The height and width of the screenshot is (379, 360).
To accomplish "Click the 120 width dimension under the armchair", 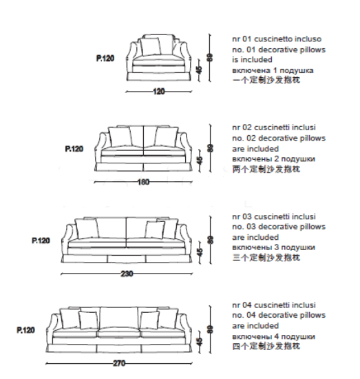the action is (159, 92).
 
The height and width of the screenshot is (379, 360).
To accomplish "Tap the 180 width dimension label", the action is (143, 182).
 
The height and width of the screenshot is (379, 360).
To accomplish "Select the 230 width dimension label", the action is (127, 274).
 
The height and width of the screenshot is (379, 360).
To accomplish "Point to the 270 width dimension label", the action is (119, 363).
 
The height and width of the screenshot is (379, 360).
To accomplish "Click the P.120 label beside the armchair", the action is (105, 59).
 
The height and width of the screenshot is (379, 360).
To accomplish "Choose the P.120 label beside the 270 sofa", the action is (25, 330).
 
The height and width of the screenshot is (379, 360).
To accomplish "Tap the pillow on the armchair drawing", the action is (151, 47).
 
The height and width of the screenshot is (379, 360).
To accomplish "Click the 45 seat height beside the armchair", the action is (199, 70).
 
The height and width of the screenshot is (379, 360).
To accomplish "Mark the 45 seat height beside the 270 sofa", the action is (199, 342).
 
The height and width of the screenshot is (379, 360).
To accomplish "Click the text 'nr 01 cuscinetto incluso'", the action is (277, 39).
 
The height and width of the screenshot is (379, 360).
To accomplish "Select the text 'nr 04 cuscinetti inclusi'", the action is (274, 305).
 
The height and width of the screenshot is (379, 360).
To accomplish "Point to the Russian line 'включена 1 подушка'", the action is (273, 70).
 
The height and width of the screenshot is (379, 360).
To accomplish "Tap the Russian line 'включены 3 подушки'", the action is (273, 247).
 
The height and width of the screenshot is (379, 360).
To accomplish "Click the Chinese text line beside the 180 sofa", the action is (266, 169).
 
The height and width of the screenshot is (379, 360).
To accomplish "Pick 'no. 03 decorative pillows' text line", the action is (279, 227).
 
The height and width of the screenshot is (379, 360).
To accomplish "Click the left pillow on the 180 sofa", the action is (120, 137).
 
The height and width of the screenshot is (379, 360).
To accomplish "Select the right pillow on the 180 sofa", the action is (166, 137).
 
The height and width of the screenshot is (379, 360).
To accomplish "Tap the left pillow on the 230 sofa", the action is (87, 228).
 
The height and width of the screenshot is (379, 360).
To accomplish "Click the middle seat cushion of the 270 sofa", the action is (119, 333).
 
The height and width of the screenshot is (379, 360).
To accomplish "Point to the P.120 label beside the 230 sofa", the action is (41, 240).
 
